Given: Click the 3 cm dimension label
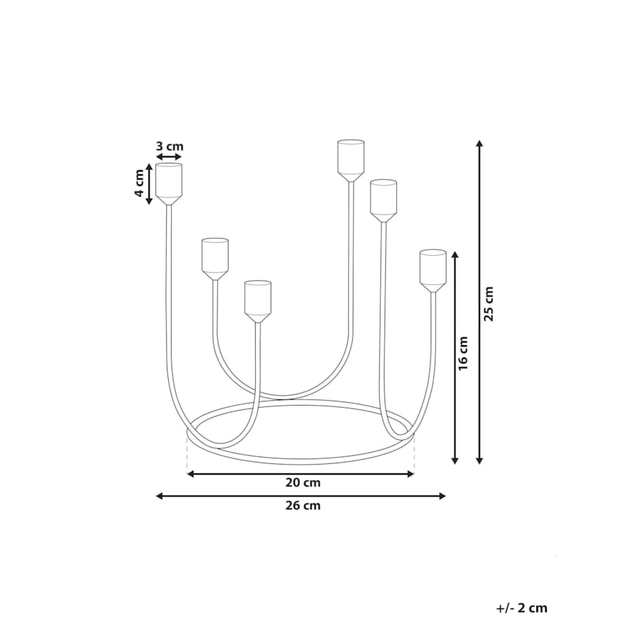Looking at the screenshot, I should [x=170, y=146].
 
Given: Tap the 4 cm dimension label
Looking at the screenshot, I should [x=138, y=183].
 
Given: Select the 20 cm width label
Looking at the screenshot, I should [x=303, y=484].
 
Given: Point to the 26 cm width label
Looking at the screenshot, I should [x=303, y=505].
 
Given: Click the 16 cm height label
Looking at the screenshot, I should [x=464, y=353].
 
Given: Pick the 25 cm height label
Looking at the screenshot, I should [x=490, y=303].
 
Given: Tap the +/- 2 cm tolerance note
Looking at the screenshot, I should [x=521, y=608].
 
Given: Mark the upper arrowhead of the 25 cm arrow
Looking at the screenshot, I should [x=480, y=144].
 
